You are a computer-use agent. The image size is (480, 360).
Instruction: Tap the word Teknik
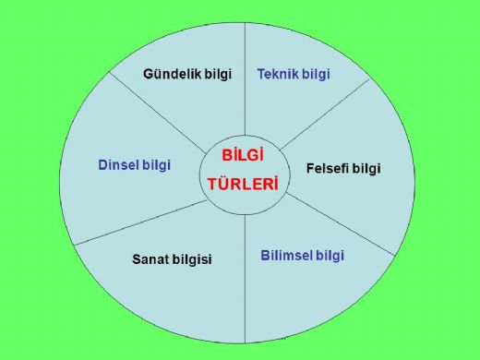coord(277,73)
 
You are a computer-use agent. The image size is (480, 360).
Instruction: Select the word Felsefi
coord(330,169)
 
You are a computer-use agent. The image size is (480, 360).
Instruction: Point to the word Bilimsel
coord(285,255)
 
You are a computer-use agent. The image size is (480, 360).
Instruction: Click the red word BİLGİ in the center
coord(244,156)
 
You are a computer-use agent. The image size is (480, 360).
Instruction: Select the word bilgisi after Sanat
coord(194,259)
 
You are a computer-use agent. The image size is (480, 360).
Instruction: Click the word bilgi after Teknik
coord(316,73)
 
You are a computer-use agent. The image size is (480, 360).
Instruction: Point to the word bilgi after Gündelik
coord(214,73)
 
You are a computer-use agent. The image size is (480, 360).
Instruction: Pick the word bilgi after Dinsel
coord(157,164)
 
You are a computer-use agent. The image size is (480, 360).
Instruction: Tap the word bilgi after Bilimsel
coord(329,255)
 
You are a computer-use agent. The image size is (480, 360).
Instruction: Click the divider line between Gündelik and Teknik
coord(245,74)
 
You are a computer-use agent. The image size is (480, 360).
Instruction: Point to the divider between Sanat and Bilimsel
coord(245,277)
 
